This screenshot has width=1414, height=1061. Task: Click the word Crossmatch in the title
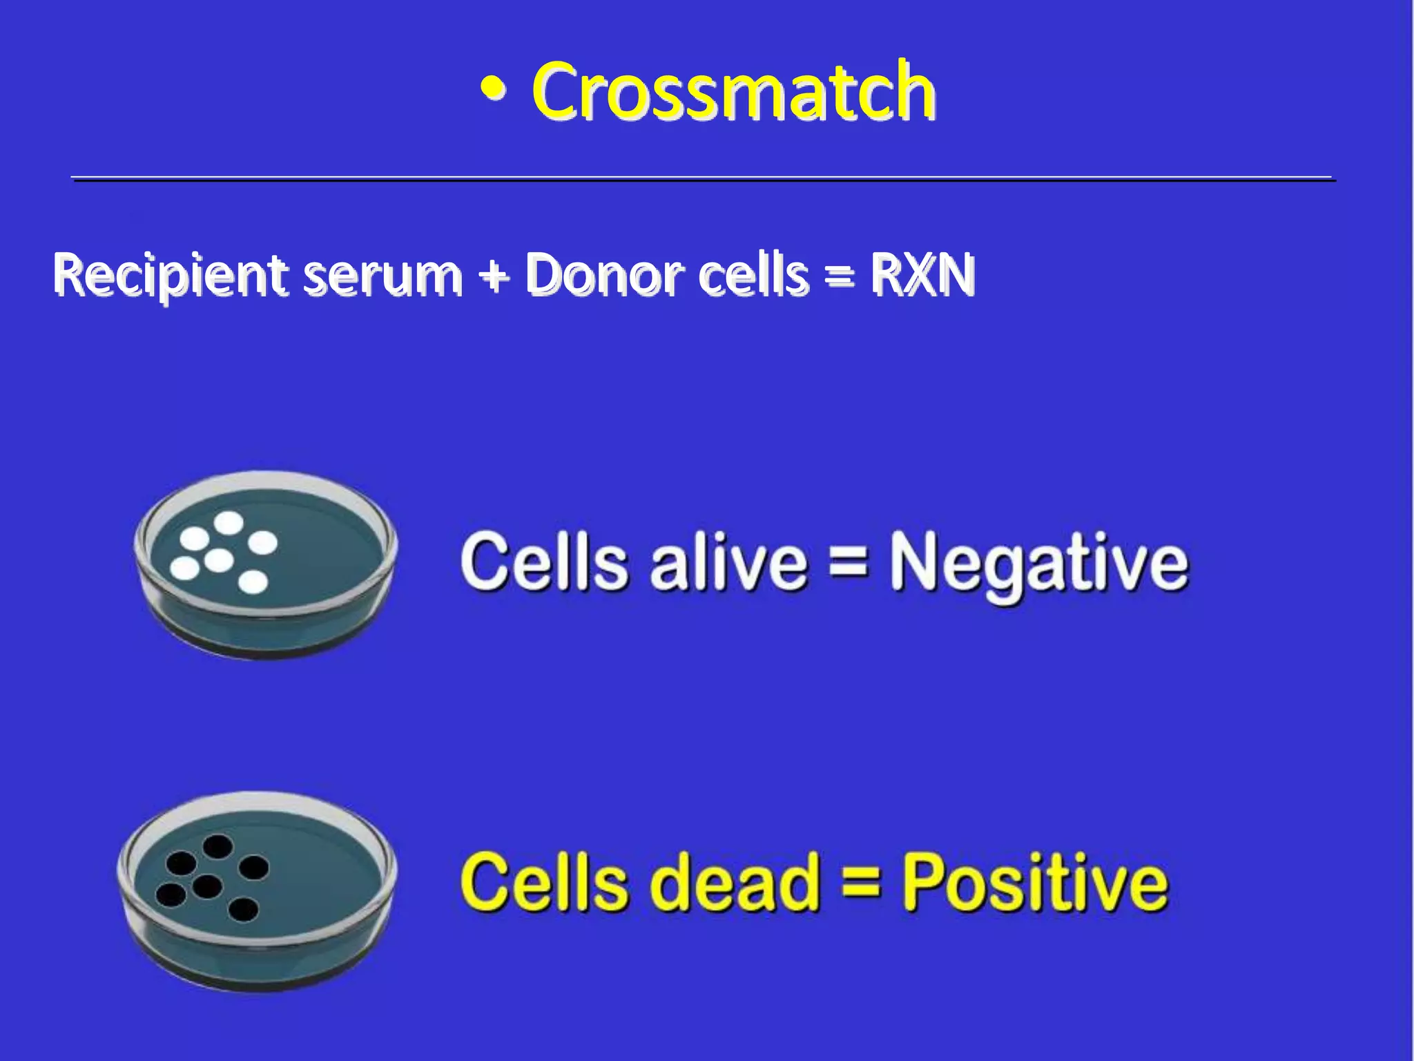(733, 91)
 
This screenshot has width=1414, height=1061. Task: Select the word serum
(382, 275)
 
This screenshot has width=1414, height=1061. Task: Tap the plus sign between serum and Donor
(493, 276)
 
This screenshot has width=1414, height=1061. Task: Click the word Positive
(1036, 882)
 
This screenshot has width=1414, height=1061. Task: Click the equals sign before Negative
(847, 561)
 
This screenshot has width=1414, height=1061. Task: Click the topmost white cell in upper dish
(228, 524)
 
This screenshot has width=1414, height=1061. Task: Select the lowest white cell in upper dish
(253, 582)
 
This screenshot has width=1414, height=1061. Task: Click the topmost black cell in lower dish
(217, 846)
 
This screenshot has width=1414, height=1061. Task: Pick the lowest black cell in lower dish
(242, 910)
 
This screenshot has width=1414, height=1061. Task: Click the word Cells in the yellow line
(543, 882)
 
